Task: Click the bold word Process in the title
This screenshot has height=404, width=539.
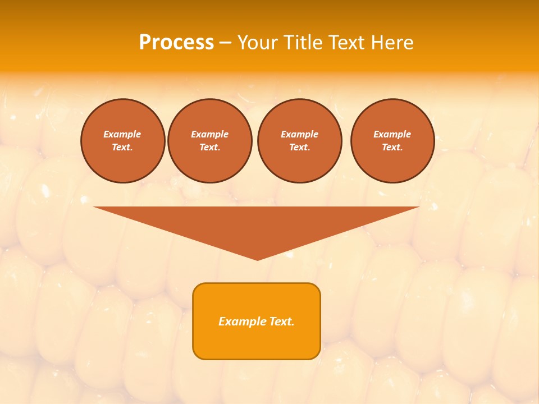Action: [x=176, y=43]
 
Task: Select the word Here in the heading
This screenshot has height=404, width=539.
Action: [x=391, y=43]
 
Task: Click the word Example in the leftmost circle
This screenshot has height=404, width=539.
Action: [x=122, y=134]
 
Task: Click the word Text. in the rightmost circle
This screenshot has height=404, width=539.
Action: [x=392, y=147]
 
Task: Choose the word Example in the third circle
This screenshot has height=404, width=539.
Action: [x=299, y=134]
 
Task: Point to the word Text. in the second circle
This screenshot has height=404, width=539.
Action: [x=209, y=147]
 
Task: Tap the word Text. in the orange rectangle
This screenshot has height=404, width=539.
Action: [x=282, y=322]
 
